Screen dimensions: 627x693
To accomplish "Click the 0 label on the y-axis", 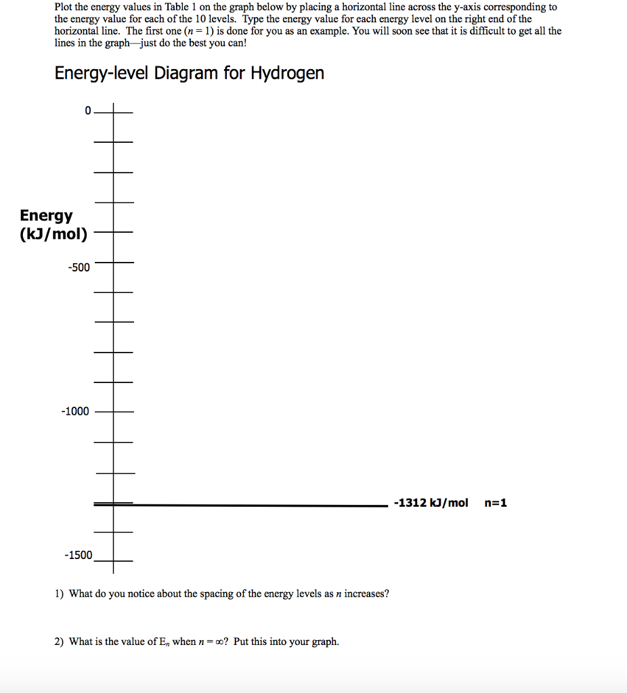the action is pyautogui.click(x=87, y=111).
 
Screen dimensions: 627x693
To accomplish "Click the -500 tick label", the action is pyautogui.click(x=79, y=267).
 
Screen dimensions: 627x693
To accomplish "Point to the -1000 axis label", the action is pyautogui.click(x=75, y=411).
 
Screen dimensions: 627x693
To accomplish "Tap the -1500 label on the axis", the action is pyautogui.click(x=79, y=555).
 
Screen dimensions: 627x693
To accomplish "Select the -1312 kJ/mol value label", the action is pyautogui.click(x=431, y=503).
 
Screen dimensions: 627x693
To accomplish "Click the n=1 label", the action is pyautogui.click(x=496, y=503).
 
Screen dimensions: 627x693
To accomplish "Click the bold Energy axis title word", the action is pyautogui.click(x=46, y=215).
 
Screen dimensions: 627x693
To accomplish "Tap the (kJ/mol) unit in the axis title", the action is pyautogui.click(x=53, y=235).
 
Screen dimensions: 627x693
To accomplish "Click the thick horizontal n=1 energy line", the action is pyautogui.click(x=257, y=504).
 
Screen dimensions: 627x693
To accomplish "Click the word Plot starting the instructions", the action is pyautogui.click(x=65, y=7).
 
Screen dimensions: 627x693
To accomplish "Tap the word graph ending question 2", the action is pyautogui.click(x=324, y=642).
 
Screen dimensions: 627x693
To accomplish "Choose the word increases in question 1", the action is pyautogui.click(x=367, y=594).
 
